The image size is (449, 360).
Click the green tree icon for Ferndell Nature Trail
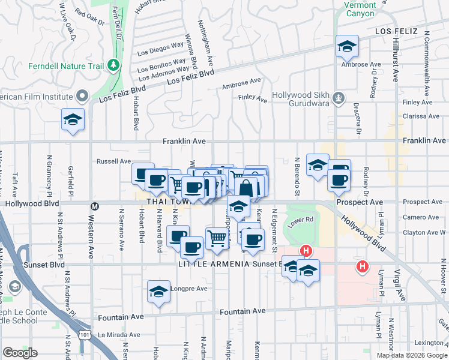tap(112, 64)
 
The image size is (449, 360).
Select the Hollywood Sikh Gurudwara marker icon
tap(339, 96)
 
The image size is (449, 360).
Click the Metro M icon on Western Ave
tap(94, 206)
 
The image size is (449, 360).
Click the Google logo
tap(20, 353)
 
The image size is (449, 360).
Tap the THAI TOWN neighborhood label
tap(163, 202)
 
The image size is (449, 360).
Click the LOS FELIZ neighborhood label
tap(396, 30)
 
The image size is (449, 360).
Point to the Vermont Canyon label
tap(360, 9)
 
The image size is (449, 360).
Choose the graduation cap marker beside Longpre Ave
tap(158, 292)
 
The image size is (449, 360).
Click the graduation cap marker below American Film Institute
tap(73, 119)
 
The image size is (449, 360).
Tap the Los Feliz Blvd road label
tap(190, 77)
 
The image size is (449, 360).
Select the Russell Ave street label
tap(114, 161)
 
